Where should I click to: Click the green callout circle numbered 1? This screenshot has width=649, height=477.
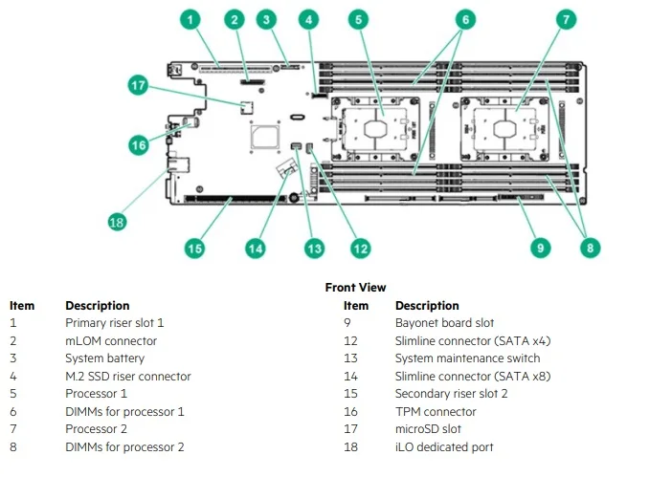(x=191, y=19)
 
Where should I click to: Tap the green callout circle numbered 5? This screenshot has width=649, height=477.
(x=357, y=19)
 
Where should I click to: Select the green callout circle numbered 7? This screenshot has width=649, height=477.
(x=567, y=19)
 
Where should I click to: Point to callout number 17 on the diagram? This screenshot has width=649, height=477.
(x=139, y=86)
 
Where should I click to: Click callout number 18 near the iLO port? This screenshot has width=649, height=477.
(x=117, y=222)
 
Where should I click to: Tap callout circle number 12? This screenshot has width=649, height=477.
(x=360, y=248)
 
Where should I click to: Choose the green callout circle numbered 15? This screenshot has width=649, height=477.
(x=195, y=248)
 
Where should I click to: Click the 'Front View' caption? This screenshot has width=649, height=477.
(x=355, y=287)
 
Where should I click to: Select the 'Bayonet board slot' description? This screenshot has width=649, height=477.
(x=444, y=323)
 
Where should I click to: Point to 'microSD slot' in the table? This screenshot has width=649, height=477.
(x=428, y=429)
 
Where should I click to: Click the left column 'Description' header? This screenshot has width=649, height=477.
(x=97, y=306)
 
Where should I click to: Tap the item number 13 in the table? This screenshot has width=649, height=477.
(x=350, y=358)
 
